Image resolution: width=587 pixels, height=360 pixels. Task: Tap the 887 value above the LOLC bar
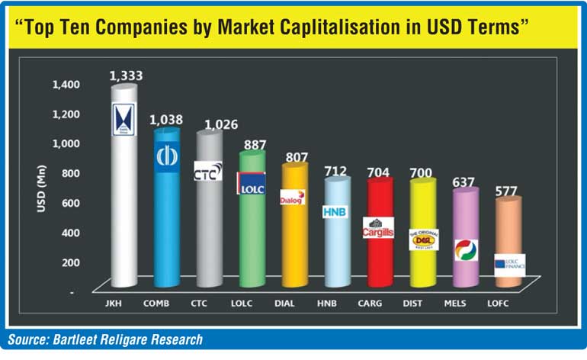(x=252, y=146)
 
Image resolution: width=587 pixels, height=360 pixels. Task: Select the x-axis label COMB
(x=160, y=304)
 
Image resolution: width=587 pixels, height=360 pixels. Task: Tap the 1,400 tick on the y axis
(x=66, y=84)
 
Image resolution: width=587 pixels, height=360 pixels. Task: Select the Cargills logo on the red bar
(x=378, y=227)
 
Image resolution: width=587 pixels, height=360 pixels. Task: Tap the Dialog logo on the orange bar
(x=293, y=198)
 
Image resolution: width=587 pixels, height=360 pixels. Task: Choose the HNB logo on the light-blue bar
(x=335, y=211)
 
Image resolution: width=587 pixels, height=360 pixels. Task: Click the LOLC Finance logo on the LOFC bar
(x=508, y=264)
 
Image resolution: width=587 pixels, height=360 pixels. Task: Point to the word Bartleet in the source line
(x=79, y=339)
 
